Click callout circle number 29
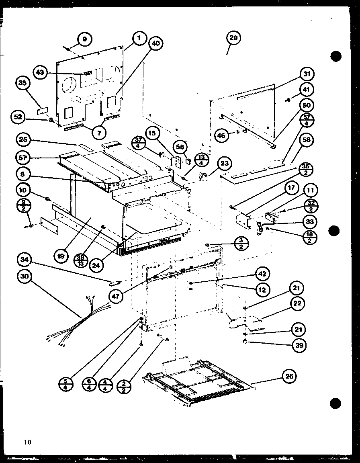click(x=234, y=38)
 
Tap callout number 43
click(x=40, y=73)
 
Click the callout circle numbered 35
click(x=22, y=83)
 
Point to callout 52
click(x=18, y=117)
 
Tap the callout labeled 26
click(x=289, y=377)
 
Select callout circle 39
click(x=299, y=345)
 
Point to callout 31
click(x=307, y=74)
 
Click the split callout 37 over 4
click(x=139, y=143)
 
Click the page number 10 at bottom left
click(x=27, y=443)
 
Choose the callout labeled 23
click(x=224, y=164)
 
